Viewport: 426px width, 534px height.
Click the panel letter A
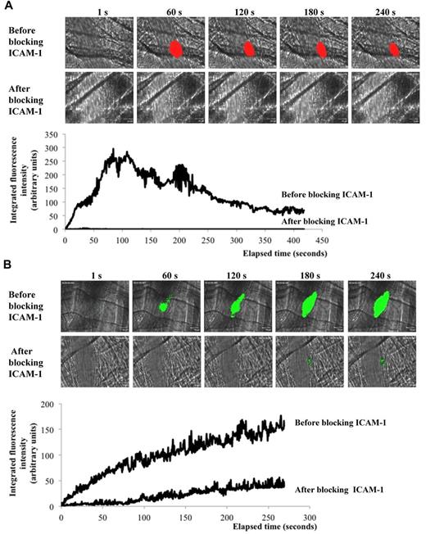pos(6,7)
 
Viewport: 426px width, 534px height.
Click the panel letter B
pos(6,265)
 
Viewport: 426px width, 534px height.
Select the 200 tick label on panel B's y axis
pos(50,405)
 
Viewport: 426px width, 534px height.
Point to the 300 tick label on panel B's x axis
pos(309,518)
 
